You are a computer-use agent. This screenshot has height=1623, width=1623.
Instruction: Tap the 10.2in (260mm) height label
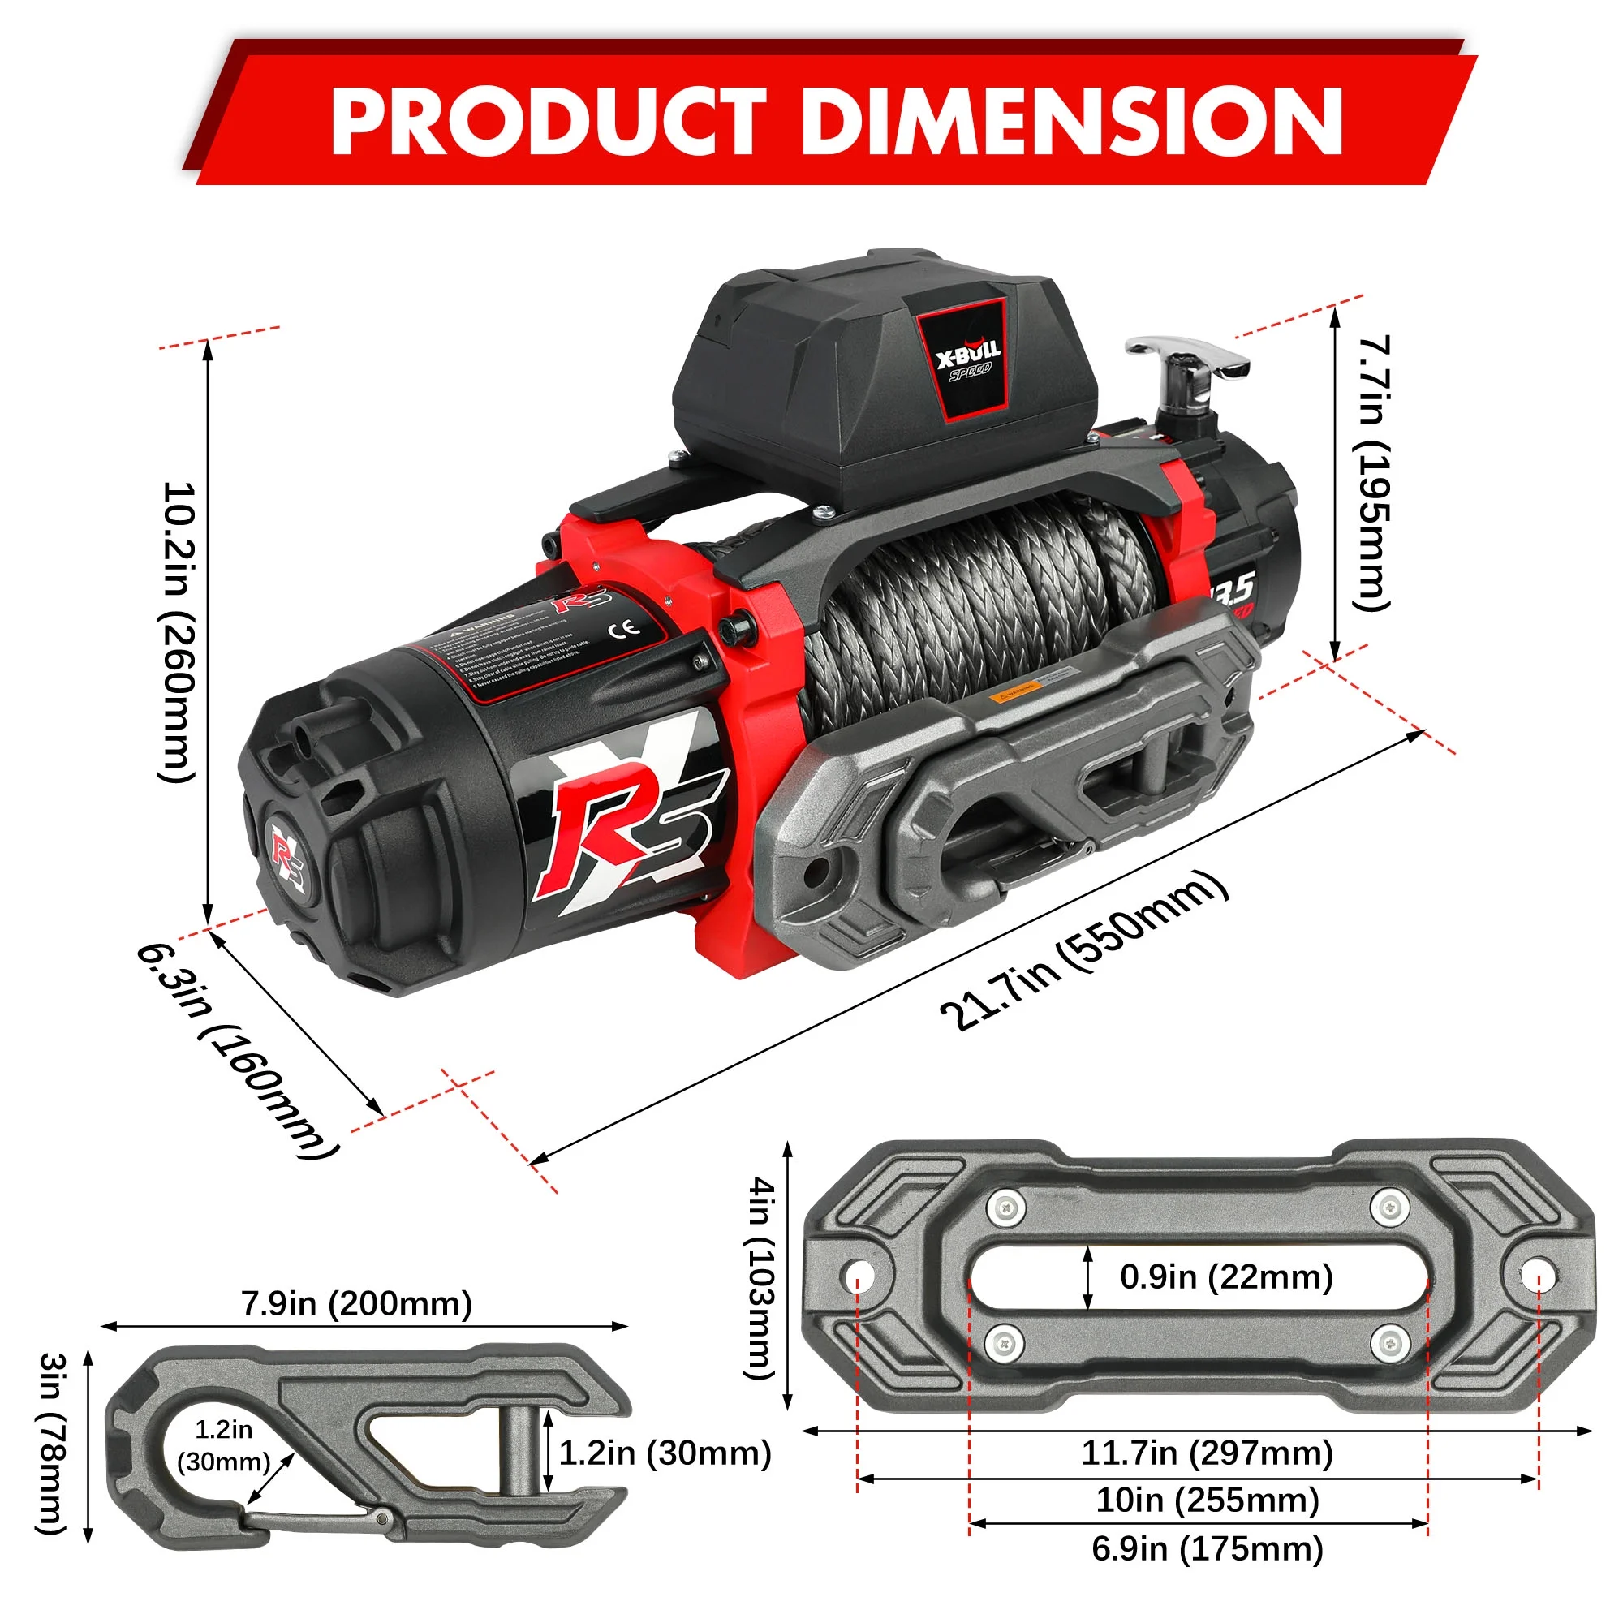point(178,631)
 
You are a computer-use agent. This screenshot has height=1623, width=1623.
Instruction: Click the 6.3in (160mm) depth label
point(238,1050)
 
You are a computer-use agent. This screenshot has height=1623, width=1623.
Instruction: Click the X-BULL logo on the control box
point(967,360)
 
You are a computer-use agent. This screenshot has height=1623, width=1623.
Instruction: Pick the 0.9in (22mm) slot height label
point(1225,1276)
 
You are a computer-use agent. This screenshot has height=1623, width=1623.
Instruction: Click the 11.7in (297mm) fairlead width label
point(1207,1453)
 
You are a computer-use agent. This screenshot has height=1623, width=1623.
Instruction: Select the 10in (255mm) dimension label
point(1207,1500)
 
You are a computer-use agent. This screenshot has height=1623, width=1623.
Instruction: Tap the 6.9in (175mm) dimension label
point(1207,1548)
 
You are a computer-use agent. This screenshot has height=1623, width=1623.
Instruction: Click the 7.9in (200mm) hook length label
point(356,1304)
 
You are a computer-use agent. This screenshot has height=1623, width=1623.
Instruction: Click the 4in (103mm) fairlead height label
point(761,1276)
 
